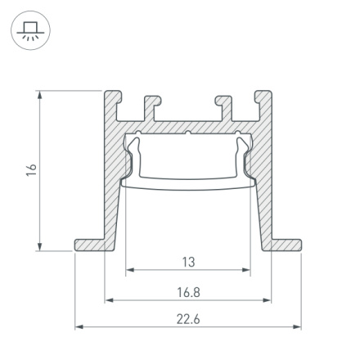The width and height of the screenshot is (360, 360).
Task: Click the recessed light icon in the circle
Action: point(30,32)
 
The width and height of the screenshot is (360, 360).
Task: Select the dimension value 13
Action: point(188,263)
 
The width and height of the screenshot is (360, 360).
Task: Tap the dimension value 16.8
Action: point(188,291)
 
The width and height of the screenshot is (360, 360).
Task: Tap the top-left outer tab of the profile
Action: point(112,102)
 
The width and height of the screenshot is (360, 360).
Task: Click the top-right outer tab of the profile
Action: point(263,102)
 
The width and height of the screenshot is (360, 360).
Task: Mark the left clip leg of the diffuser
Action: point(131,155)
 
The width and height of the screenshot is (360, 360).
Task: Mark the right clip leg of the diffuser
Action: point(245,155)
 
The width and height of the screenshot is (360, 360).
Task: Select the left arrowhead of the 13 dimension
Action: point(129,271)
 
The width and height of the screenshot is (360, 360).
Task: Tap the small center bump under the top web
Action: point(188,133)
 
